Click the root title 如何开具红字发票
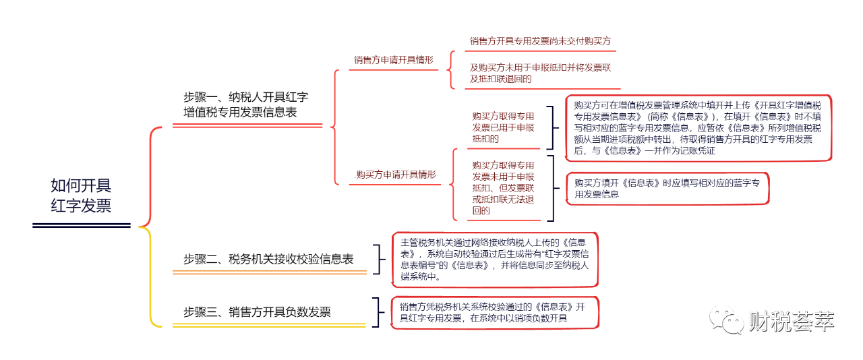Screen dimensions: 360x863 point(82,196)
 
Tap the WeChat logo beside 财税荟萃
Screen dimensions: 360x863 point(725,319)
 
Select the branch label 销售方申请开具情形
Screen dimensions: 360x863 point(394,60)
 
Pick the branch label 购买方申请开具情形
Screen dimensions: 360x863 point(396,175)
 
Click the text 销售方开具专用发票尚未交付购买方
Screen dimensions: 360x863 point(540,41)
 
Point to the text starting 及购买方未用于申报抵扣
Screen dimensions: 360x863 point(540,73)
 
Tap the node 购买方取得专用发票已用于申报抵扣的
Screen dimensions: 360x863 point(502,127)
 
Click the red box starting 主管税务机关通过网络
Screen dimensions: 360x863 point(495,260)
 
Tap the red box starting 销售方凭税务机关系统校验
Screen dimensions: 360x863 point(495,312)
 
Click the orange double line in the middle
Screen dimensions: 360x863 point(269,272)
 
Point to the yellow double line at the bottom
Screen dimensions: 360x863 point(269,326)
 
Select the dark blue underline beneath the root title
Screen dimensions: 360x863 point(82,225)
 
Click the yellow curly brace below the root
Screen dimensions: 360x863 point(152,276)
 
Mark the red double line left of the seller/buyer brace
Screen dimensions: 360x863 point(247,125)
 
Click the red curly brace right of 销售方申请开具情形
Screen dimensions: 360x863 point(452,69)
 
